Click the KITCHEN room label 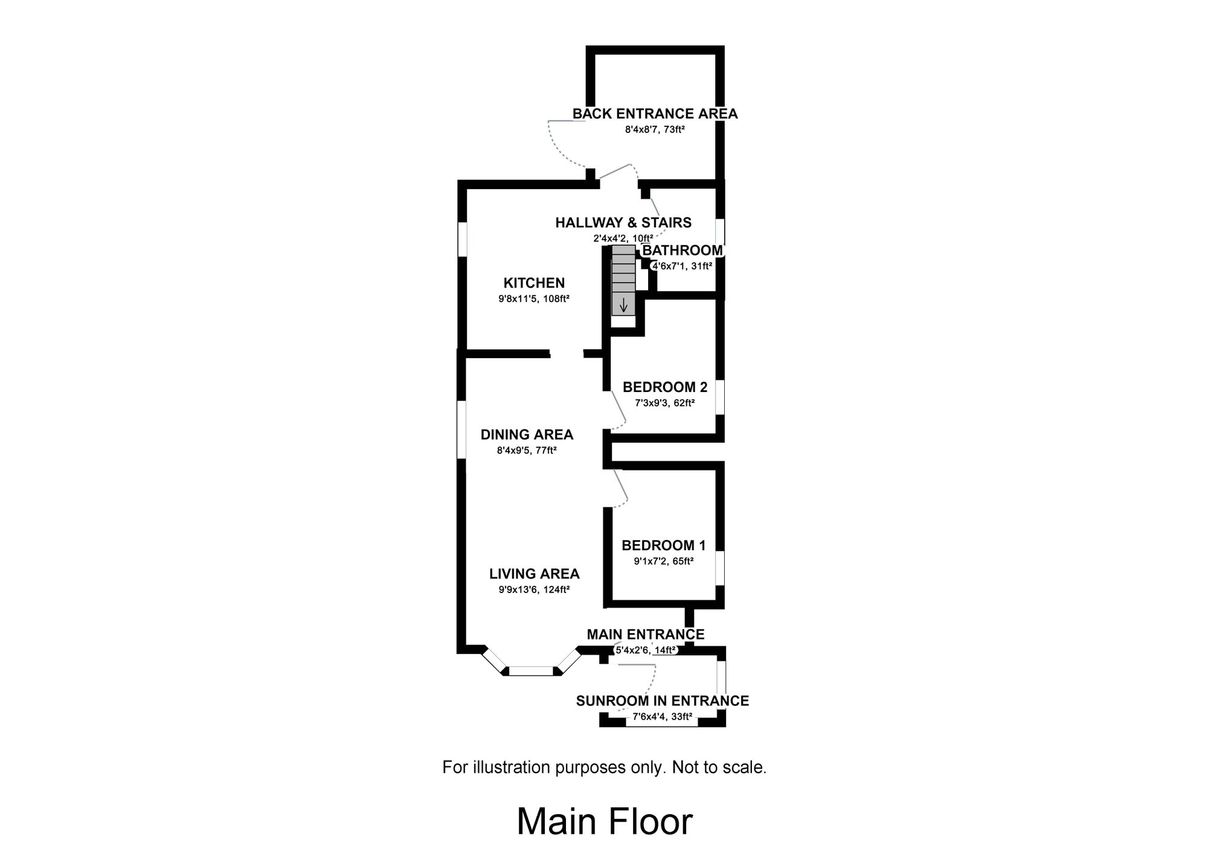(x=534, y=283)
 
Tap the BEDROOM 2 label (x=664, y=387)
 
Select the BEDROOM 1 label (x=663, y=545)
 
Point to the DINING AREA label (x=527, y=434)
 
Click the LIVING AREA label (x=534, y=574)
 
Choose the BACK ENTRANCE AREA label (x=655, y=114)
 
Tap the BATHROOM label (x=682, y=251)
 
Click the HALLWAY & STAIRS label (x=623, y=222)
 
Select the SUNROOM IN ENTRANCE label (x=662, y=701)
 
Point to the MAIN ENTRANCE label (x=645, y=634)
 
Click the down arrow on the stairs (x=623, y=306)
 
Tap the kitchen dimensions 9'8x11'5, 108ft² (x=534, y=298)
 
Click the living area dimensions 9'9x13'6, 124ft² (x=534, y=589)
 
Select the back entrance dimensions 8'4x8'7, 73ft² (x=655, y=129)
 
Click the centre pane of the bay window (x=531, y=670)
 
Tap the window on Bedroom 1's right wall (x=719, y=568)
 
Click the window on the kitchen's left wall (x=462, y=239)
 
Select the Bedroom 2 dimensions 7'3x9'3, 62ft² (x=664, y=403)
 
